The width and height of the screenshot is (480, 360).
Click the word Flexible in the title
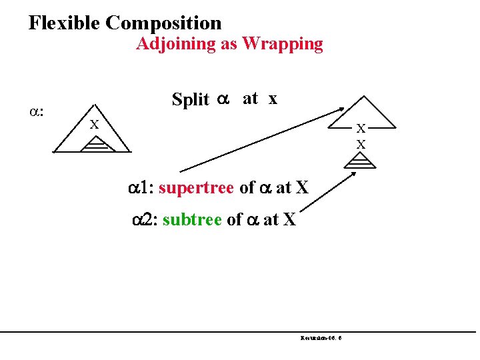64,23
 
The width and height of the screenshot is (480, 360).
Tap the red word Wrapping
283,45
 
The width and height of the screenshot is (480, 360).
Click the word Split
190,99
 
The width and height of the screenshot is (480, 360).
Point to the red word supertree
196,188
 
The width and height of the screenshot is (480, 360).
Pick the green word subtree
192,219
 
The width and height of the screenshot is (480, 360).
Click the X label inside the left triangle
95,125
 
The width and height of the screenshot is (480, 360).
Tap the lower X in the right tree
361,144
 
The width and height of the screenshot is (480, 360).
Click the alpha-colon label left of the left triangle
37,109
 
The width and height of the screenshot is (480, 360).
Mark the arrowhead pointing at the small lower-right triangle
353,174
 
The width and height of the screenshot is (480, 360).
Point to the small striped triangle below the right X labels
361,162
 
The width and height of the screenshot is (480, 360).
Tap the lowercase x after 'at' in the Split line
272,99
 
